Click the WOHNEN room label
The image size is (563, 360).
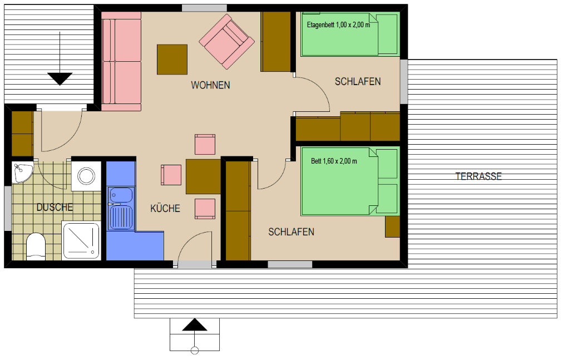coord(210,85)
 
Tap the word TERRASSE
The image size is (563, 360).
coord(478,176)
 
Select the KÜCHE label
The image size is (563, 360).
coord(165,209)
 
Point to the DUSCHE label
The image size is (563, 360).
coord(55,207)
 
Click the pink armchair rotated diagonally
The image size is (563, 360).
coord(227,42)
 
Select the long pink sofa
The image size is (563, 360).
coord(121,61)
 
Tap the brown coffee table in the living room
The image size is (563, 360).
coord(172,60)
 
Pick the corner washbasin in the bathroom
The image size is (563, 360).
coord(22,172)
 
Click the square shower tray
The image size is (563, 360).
coord(81,240)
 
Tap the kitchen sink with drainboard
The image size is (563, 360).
coord(121,208)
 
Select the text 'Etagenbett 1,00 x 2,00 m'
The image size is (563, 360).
coord(338,25)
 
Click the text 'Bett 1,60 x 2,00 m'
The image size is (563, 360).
coord(334,161)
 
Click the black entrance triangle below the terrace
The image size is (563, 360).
coord(195,324)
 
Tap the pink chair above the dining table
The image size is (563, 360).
coord(205,145)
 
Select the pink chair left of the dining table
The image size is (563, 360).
coord(171,175)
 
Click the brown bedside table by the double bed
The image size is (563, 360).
coord(392,226)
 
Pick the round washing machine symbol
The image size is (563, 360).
coord(87,176)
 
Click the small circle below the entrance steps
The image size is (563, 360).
coord(195,351)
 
